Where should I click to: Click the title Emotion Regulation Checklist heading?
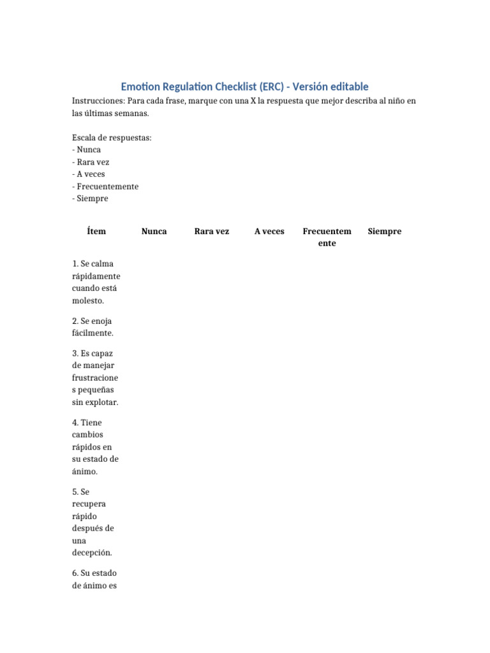(x=244, y=87)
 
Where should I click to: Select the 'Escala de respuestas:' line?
(x=112, y=138)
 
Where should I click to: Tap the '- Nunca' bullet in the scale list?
(x=87, y=150)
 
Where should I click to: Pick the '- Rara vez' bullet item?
(x=91, y=162)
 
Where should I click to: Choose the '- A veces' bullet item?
(x=89, y=174)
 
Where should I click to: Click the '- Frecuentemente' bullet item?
(x=105, y=186)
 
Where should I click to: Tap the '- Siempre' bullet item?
(x=91, y=198)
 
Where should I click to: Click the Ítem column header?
(x=96, y=231)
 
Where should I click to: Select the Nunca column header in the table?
(x=154, y=231)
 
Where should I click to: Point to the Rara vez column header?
(x=211, y=231)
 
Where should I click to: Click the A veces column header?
(x=269, y=231)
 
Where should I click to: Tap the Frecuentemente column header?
(x=327, y=237)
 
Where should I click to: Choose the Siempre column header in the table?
(x=385, y=231)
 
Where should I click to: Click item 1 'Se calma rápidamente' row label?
(x=96, y=282)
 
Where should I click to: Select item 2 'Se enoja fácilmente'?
(x=93, y=327)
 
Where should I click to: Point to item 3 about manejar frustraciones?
(x=96, y=378)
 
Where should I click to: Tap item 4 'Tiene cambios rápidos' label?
(x=96, y=447)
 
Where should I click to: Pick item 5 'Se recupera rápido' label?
(x=93, y=522)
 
